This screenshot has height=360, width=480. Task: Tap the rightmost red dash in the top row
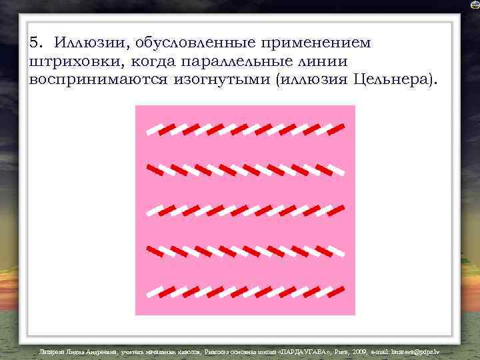(337, 127)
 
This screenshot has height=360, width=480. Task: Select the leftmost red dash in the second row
(153, 167)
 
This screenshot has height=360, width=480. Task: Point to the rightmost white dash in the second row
(338, 172)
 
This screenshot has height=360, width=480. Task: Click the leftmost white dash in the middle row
(153, 211)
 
